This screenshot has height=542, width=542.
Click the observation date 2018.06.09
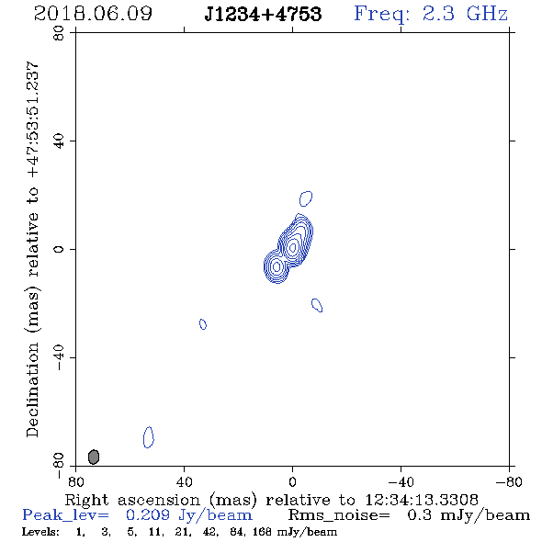93,14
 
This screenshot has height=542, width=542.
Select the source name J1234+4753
263,14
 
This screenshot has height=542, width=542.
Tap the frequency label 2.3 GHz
465,14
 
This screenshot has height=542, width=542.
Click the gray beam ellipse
94,457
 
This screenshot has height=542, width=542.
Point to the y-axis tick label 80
59,33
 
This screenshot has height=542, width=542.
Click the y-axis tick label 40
59,141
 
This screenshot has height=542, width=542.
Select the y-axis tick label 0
59,249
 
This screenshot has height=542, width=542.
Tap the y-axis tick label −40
59,358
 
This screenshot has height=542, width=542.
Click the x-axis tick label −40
401,481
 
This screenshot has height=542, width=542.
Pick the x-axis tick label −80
509,481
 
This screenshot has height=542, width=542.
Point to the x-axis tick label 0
292,481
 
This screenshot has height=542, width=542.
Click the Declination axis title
32,249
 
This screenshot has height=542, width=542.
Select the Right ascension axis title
272,500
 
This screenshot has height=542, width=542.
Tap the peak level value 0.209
148,515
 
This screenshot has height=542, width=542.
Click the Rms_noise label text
339,515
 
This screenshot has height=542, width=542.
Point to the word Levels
40,531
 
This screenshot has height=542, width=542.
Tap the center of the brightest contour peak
293,247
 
